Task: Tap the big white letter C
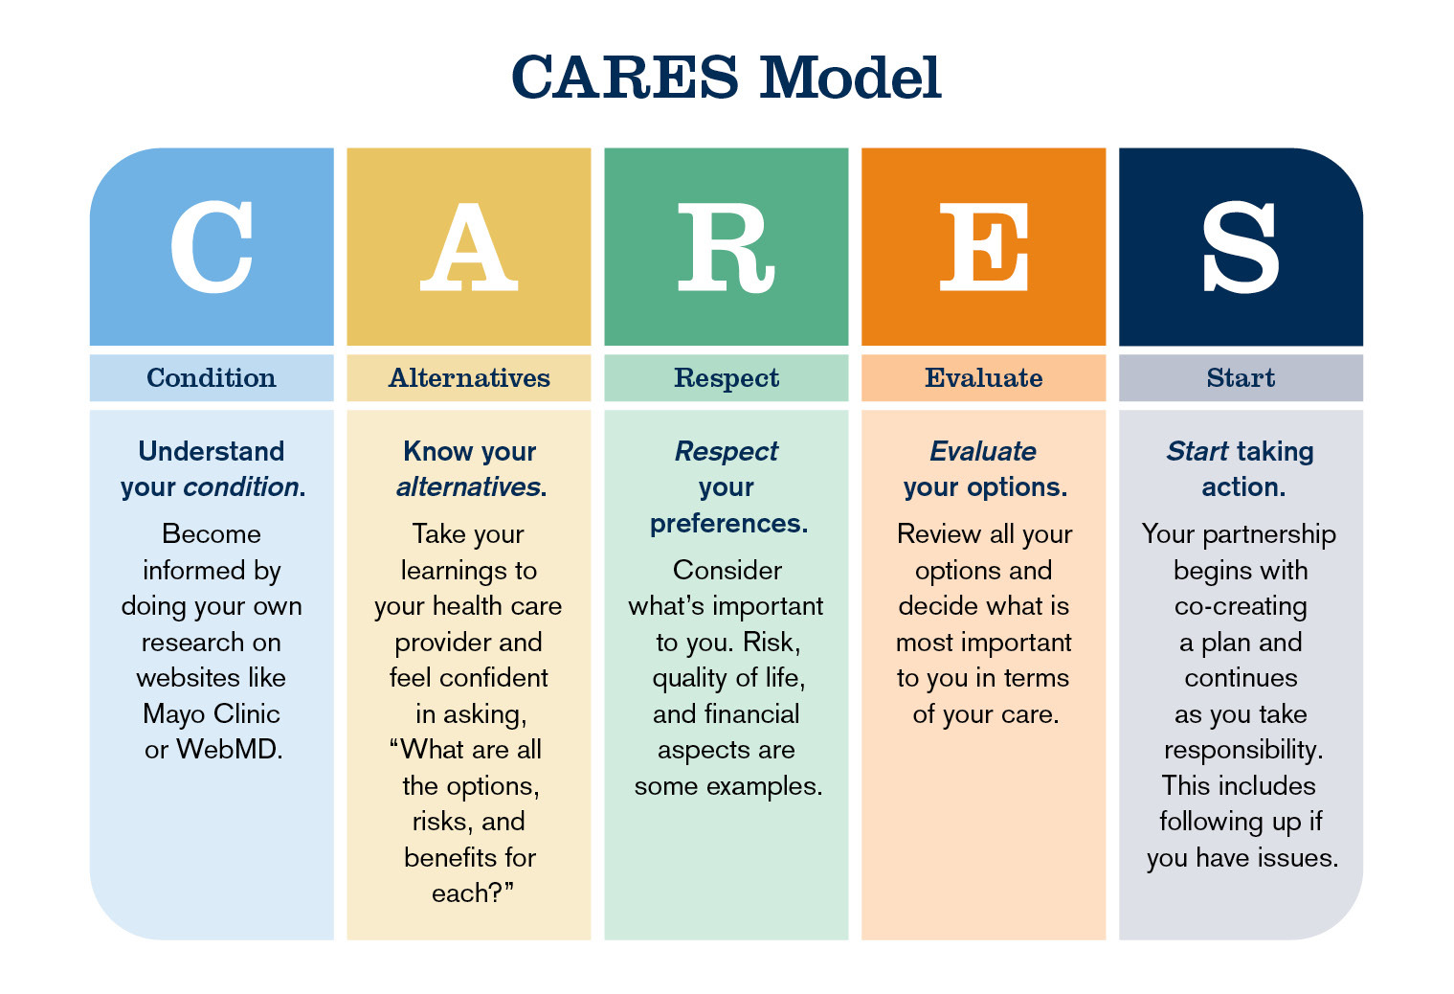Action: (212, 248)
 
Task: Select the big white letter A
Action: (469, 248)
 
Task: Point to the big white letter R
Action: (725, 248)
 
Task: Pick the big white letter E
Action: (984, 248)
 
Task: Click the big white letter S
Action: (1241, 248)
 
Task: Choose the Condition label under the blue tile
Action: (212, 378)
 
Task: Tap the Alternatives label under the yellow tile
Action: (469, 378)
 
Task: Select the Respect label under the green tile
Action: (727, 378)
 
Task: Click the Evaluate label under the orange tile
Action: (984, 378)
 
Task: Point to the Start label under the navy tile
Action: (1241, 378)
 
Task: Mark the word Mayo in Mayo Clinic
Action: (173, 714)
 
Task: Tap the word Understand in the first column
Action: (212, 451)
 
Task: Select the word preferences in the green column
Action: (727, 524)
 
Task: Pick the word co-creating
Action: (1241, 606)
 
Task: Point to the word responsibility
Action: (1242, 750)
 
